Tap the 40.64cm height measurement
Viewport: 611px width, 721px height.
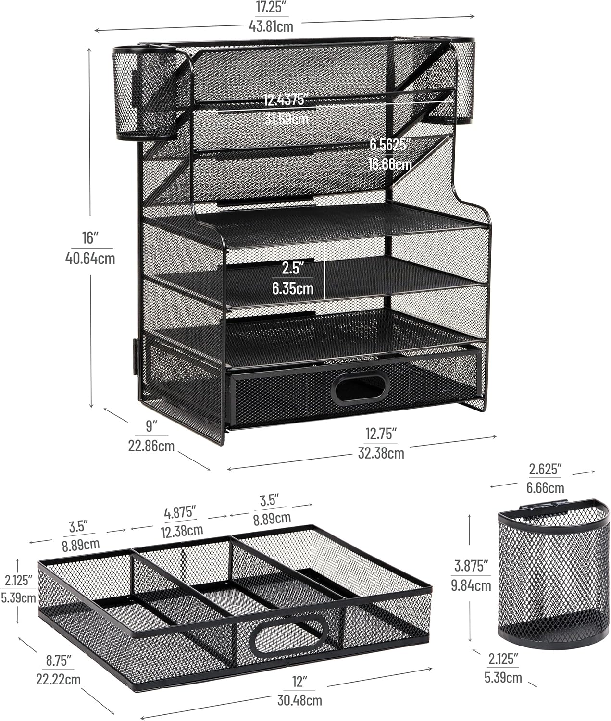pos(90,259)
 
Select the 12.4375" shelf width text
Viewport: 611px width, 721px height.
pos(285,100)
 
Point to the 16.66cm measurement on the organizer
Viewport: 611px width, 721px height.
pos(390,164)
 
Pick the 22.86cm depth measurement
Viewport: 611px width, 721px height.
pos(151,446)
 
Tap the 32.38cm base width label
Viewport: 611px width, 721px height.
pos(381,453)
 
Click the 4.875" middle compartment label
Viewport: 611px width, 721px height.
pos(180,512)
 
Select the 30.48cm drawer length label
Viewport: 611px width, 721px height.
pos(300,700)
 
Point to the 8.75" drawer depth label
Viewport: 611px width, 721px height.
pos(59,660)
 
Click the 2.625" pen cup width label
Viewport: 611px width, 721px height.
pos(545,470)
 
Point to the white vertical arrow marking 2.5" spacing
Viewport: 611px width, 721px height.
pos(325,272)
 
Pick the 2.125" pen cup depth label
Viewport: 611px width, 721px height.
pos(503,659)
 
